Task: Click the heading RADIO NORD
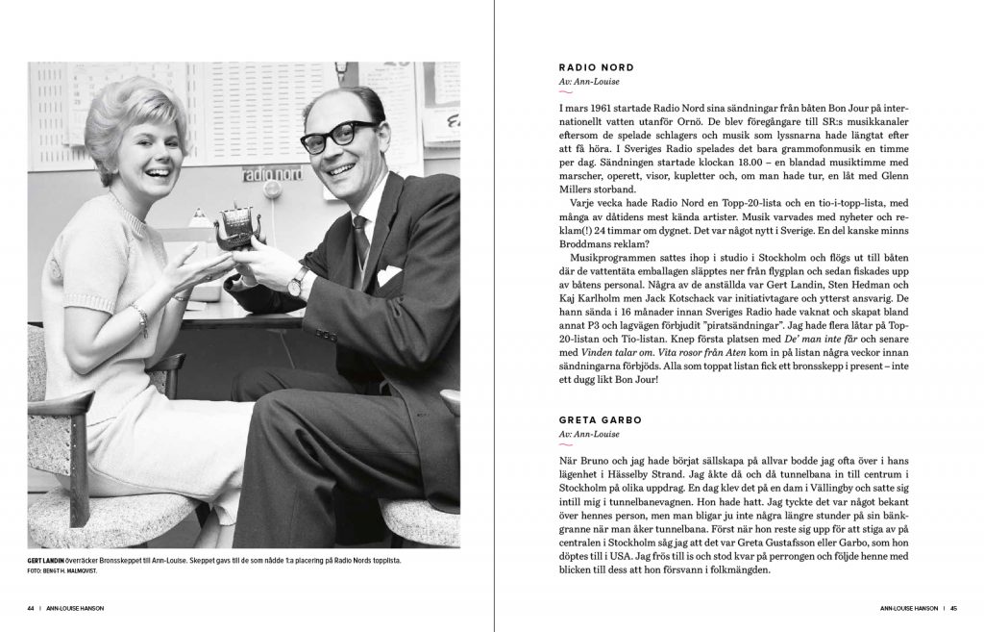[596, 67]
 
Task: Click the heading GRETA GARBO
[599, 420]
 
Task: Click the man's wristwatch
[299, 281]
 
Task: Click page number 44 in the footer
[31, 608]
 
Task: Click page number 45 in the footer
[966, 608]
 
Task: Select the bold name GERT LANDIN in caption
[48, 560]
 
